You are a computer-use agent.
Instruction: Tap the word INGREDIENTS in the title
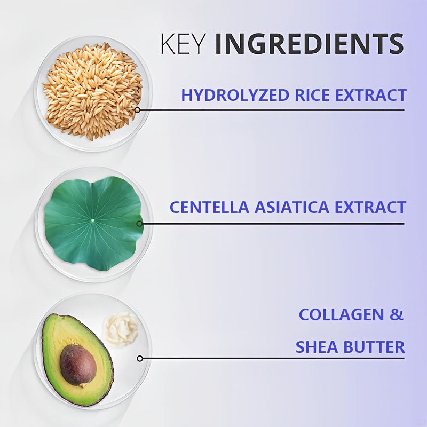coord(309,44)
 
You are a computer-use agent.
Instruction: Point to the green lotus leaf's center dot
coord(92,219)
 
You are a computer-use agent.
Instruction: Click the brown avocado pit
coord(78,365)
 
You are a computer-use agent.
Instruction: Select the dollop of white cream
coord(121,328)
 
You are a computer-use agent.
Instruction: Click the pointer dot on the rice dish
coord(137,110)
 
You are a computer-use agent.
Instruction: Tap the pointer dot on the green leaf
coord(140,224)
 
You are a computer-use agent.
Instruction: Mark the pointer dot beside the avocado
coord(140,358)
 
